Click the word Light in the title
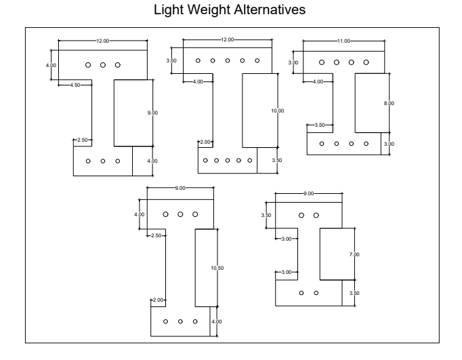[169, 10]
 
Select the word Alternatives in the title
[270, 9]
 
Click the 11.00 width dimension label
[343, 41]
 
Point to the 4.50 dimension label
[75, 85]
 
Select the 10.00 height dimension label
[278, 111]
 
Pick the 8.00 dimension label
[389, 103]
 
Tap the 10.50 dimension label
[217, 268]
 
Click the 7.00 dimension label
[354, 254]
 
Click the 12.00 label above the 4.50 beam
[102, 41]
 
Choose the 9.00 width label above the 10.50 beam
[180, 188]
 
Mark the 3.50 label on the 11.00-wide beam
[320, 125]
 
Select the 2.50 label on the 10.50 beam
[156, 235]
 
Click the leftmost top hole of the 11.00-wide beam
[322, 62]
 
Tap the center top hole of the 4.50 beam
[103, 65]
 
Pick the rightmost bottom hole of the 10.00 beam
[250, 161]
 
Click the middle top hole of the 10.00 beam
[228, 60]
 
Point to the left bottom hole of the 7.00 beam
[301, 293]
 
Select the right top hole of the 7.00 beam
[316, 215]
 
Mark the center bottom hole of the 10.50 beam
[180, 321]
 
